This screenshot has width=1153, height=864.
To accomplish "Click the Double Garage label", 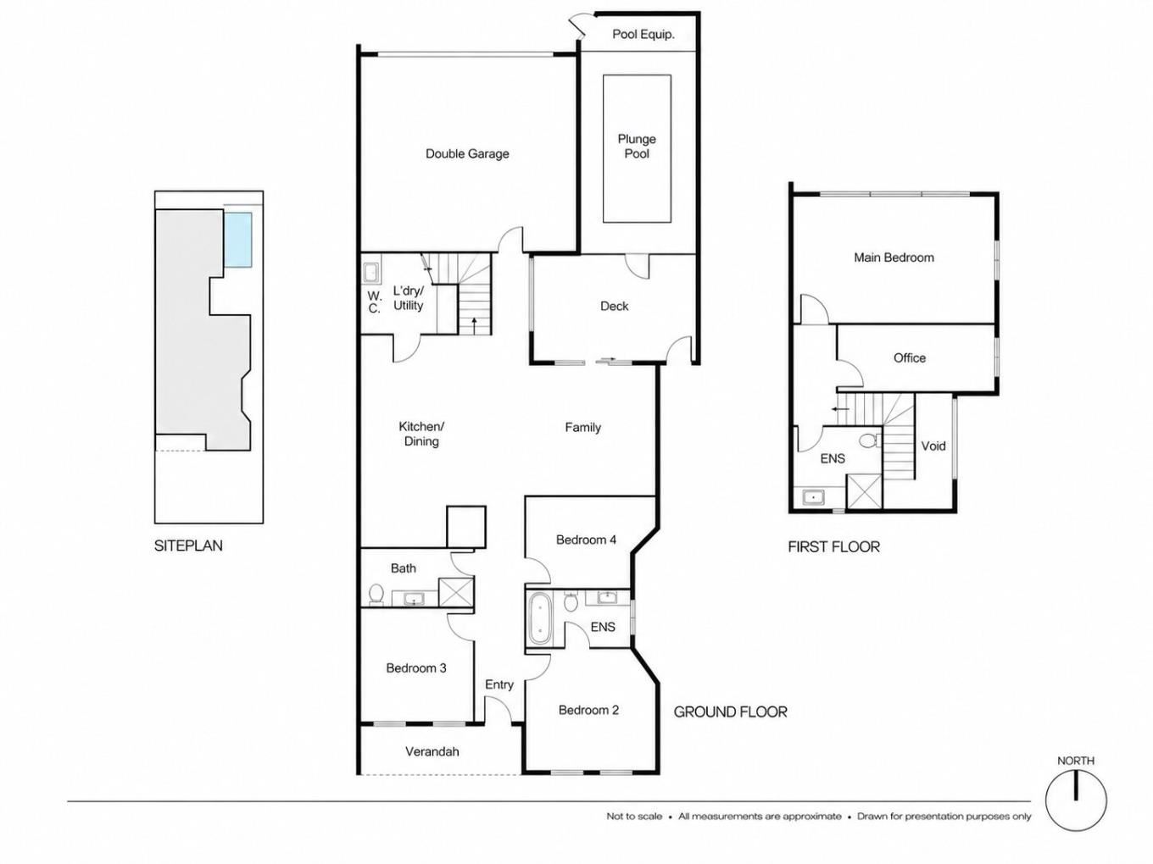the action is point(467,153).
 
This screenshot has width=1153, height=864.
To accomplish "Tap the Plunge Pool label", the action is point(637,147).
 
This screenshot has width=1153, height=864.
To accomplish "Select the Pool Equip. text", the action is point(643,35).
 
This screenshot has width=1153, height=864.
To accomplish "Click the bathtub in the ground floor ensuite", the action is point(538,618).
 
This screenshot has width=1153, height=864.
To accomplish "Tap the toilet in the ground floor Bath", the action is point(376,595).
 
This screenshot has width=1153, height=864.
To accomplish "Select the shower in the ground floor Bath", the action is point(456,592).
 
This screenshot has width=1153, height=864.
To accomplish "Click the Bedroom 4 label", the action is point(586,540).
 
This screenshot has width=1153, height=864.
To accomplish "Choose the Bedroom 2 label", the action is point(588,711).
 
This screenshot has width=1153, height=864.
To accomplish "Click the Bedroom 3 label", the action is point(416,667).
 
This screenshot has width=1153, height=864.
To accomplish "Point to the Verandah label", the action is point(432,751).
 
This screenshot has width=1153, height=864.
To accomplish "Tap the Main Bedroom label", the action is point(894,258).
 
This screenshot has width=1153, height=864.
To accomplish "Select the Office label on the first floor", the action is point(910,357).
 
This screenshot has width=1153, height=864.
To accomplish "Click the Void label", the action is point(933,446).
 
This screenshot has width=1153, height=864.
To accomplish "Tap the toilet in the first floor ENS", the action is point(869,440).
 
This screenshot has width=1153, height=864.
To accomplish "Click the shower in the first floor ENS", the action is point(864,491).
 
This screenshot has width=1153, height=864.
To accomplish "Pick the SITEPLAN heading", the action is point(188,546).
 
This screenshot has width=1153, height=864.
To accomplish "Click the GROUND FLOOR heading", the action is point(730,712).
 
